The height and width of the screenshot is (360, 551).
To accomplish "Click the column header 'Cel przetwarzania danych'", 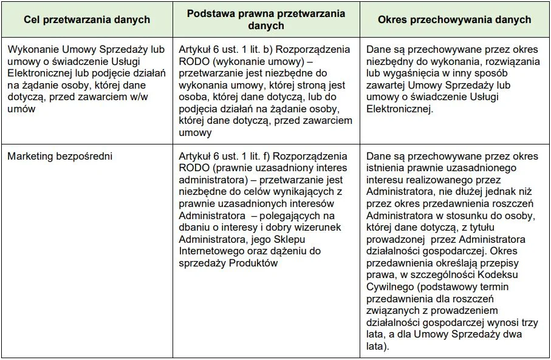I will click(x=87, y=20).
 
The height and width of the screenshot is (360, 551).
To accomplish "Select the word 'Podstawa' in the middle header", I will click(x=208, y=13).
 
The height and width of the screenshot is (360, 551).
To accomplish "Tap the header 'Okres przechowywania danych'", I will click(x=454, y=20).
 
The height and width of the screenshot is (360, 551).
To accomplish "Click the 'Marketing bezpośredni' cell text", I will click(x=60, y=156).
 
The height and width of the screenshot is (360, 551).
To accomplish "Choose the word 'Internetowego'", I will click(x=210, y=251).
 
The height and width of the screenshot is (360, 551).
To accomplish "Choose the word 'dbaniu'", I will click(x=195, y=227).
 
